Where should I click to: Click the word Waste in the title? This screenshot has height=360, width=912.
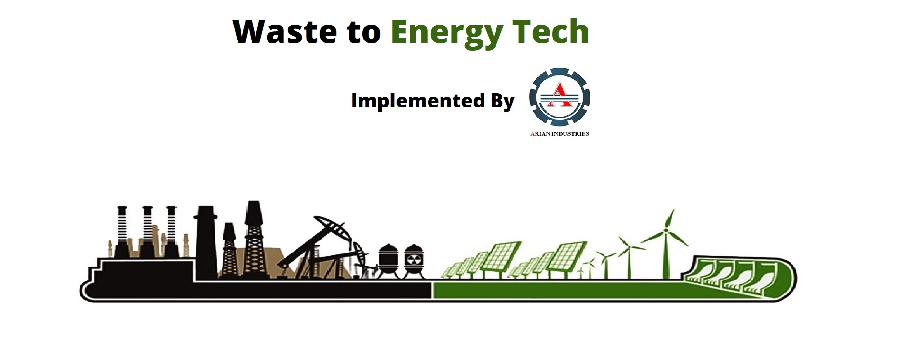pyautogui.click(x=285, y=31)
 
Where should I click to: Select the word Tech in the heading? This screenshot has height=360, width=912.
pyautogui.click(x=550, y=31)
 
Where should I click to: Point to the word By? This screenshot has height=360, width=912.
pyautogui.click(x=503, y=102)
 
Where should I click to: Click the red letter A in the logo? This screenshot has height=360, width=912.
pyautogui.click(x=560, y=94)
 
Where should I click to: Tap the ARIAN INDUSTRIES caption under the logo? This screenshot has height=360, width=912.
pyautogui.click(x=560, y=133)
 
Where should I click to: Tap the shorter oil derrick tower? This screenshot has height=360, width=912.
pyautogui.click(x=229, y=251)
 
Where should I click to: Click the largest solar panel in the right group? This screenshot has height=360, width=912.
pyautogui.click(x=567, y=255)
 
